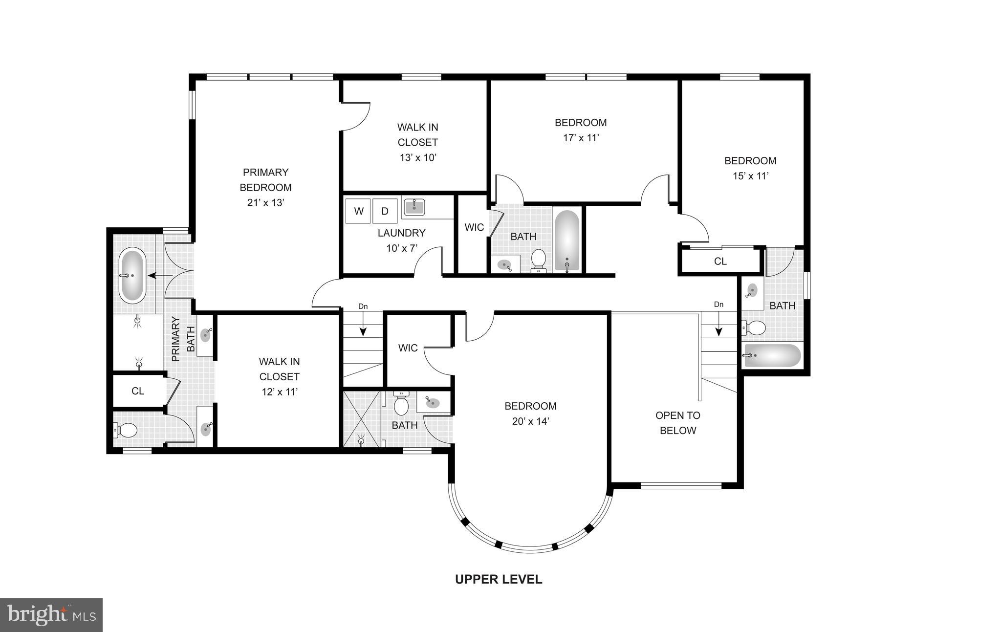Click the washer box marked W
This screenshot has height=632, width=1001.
tap(358, 211)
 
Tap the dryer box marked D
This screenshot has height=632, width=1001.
tap(385, 211)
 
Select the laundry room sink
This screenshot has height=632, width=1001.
tap(414, 207)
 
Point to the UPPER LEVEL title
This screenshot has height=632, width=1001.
tap(499, 579)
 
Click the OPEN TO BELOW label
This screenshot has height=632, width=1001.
tap(677, 423)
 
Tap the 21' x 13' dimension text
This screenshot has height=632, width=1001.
tap(265, 202)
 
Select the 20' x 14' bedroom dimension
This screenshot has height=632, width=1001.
tap(530, 421)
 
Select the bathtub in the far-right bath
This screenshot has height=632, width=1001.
tap(772, 356)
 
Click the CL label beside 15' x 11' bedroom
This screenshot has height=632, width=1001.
tap(720, 261)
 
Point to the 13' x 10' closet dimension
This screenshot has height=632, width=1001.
tap(417, 157)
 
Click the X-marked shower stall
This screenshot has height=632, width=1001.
tap(362, 419)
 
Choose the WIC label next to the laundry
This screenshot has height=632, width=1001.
tap(474, 227)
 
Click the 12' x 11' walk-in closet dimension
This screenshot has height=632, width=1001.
tap(279, 392)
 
